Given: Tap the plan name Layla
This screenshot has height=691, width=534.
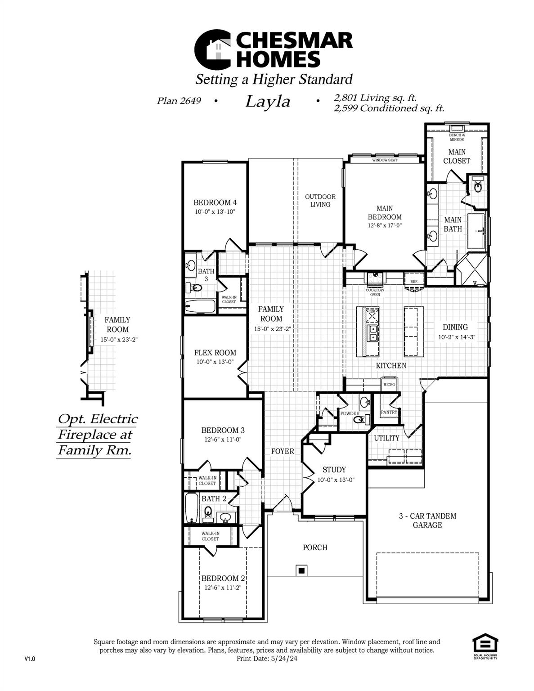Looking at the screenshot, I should coord(268,102).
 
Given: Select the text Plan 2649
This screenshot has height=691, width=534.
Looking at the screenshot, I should coord(179,101).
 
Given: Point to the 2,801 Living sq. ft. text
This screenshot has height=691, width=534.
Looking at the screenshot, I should coord(375,97).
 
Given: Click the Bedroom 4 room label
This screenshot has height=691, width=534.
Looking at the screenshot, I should coord(215,202).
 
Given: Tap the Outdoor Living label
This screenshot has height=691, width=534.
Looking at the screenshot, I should coord(320,201).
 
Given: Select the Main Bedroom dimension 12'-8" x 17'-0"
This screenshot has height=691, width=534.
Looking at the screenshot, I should coord(385,226).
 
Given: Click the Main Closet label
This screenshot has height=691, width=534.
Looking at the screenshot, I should coord(457,157).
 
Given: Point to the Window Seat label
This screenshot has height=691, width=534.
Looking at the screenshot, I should coord(385,160).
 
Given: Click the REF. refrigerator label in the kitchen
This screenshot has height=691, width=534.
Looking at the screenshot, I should coord(414,281).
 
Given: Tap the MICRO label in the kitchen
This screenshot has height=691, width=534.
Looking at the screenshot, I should coord(389,385).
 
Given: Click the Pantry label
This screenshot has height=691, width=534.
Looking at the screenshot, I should coord(389,412).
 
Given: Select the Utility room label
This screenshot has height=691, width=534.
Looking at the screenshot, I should coord(386,438).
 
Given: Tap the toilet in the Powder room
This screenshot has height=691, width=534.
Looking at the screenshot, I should coord(359,420).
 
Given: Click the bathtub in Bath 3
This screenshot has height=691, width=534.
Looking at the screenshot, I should coord(200,306).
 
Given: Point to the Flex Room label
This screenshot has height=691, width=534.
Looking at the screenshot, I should coord(215,353).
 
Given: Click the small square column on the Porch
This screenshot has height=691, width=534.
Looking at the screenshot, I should coord(301,570).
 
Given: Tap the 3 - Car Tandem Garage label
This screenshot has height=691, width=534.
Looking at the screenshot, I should coord(427,520).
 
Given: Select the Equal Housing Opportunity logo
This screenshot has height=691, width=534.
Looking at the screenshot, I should coord(485,646).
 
